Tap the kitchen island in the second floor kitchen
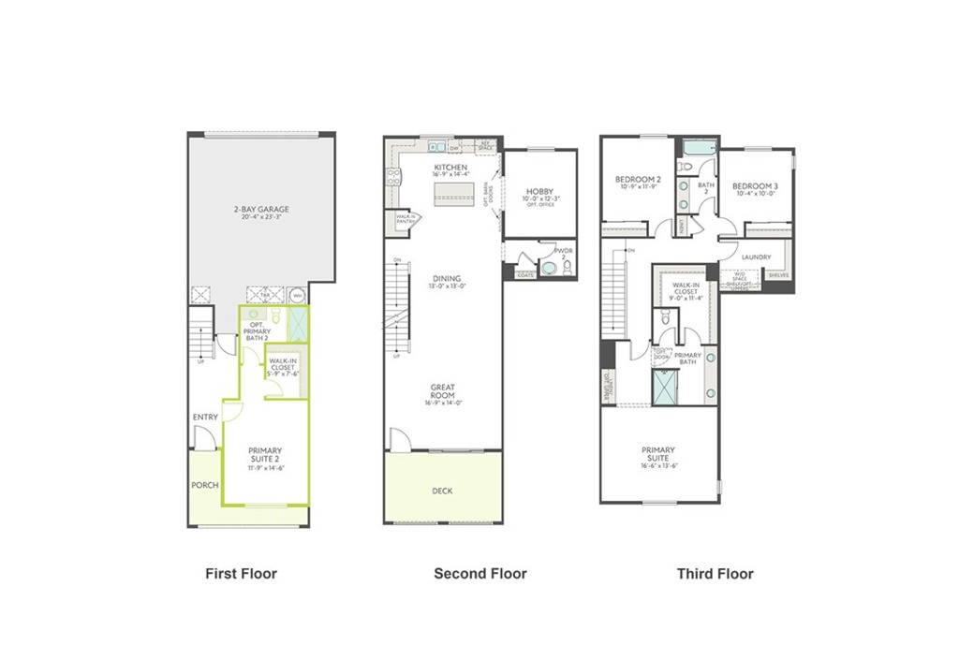point(452,192)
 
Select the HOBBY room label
point(539,191)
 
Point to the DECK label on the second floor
point(442,491)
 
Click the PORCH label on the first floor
point(204,485)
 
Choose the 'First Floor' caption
point(241,573)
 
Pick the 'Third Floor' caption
point(715,573)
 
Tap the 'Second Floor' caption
point(479,573)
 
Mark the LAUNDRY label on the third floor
point(756,257)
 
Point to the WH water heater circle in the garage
point(298,294)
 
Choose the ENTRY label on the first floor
point(205,417)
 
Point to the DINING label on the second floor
point(446,278)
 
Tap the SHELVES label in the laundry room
point(778,275)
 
